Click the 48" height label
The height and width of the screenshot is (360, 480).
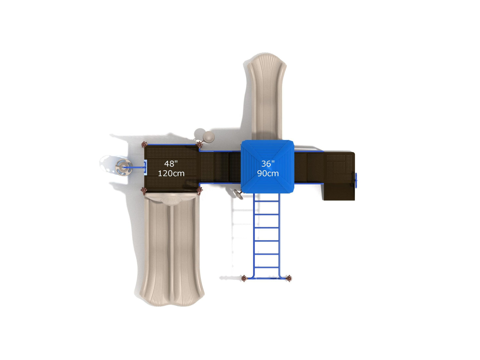point(171,163)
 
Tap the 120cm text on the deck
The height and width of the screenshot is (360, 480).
point(171,174)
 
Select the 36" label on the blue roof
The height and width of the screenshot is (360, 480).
point(268,163)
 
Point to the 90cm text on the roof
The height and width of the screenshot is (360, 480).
point(268,174)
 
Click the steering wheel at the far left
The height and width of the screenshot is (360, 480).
point(124,167)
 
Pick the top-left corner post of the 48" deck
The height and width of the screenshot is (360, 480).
point(144,144)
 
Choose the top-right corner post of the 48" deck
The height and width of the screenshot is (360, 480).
point(199,144)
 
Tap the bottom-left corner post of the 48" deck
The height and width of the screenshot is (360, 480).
point(144,191)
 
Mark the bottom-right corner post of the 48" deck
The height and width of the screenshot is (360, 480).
point(199,190)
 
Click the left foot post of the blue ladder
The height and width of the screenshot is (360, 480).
point(244,278)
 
